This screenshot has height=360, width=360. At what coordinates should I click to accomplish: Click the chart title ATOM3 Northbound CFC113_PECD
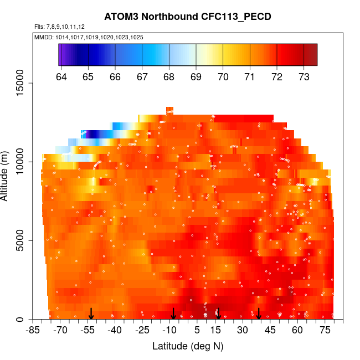pos(188,17)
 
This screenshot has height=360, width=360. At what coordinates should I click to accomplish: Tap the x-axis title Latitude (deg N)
pos(188,346)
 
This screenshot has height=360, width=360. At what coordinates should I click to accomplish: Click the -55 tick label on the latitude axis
pos(88,331)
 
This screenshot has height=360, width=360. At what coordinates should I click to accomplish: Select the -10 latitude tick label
pos(169,331)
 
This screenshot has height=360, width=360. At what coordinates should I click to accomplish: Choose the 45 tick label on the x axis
pos(269,331)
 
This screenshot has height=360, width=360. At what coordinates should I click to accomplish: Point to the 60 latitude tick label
pos(297,331)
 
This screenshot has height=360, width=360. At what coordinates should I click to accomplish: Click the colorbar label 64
pos(61,76)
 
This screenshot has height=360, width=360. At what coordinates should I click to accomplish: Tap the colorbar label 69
pos(196,76)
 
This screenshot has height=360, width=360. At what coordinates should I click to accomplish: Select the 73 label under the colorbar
pos(304,76)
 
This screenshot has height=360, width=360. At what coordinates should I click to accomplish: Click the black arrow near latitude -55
pos(91,314)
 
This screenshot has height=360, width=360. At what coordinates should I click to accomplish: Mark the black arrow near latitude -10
pos(173,314)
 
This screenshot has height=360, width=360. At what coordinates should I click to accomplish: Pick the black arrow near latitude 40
pos(259,314)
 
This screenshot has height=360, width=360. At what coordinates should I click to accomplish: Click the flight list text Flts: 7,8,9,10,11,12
pos(60,27)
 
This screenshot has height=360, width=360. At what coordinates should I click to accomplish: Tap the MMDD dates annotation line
pos(89,37)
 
